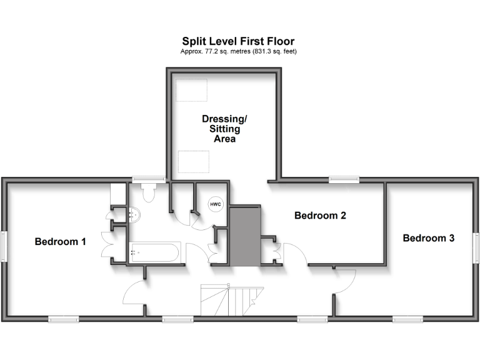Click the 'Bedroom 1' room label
point(60,242)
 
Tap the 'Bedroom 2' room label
point(320,216)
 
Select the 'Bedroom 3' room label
point(428,238)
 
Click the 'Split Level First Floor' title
point(238,42)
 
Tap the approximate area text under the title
point(238,51)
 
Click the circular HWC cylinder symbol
point(215,204)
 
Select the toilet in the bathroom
point(149,192)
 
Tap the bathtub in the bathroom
point(154,253)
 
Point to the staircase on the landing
point(232,300)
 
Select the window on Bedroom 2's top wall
point(345,181)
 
